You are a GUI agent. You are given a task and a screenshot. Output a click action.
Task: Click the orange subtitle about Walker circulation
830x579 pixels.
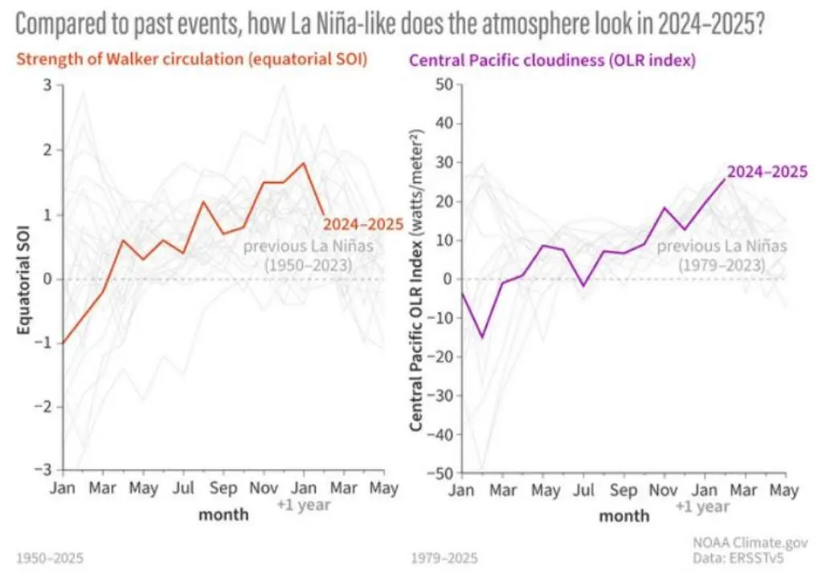[x=191, y=59]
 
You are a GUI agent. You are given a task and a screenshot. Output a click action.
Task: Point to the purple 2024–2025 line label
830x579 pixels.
[x=767, y=170]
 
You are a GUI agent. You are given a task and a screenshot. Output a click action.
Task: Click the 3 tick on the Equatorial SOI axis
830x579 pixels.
[x=47, y=86]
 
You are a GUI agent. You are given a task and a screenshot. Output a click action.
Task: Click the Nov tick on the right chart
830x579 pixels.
[x=663, y=488]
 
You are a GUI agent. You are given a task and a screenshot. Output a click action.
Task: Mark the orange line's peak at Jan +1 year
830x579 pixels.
[x=303, y=163]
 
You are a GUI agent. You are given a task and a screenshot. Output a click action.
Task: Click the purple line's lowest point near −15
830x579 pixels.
[x=482, y=337]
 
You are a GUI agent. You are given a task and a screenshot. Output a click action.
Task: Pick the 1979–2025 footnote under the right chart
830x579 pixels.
[x=444, y=557]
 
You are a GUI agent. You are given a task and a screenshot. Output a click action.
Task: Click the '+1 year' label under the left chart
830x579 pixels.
[x=304, y=506]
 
